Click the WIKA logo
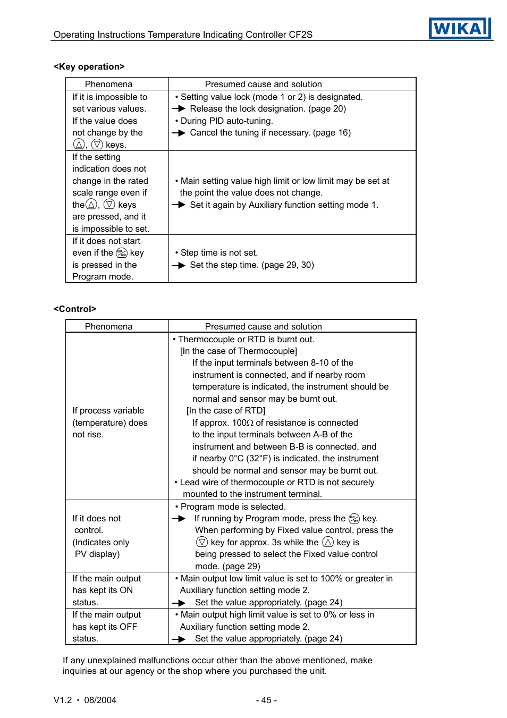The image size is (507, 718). click(459, 28)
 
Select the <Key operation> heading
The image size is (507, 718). click(89, 66)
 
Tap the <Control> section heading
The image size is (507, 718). click(75, 309)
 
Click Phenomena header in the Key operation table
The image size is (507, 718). click(108, 84)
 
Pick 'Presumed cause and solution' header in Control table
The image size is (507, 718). click(263, 326)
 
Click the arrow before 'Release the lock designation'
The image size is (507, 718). click(179, 109)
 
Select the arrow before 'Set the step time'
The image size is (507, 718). click(179, 265)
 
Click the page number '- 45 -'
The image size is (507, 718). click(266, 700)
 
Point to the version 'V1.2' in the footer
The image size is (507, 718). click(63, 700)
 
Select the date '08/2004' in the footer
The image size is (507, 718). click(100, 700)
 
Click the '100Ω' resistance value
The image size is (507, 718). click(243, 423)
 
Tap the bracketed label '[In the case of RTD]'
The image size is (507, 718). click(225, 411)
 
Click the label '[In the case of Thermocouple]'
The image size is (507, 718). click(238, 351)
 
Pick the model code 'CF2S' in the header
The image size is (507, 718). click(300, 35)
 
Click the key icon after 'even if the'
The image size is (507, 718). click(122, 253)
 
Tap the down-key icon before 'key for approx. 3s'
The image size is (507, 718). click(202, 542)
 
